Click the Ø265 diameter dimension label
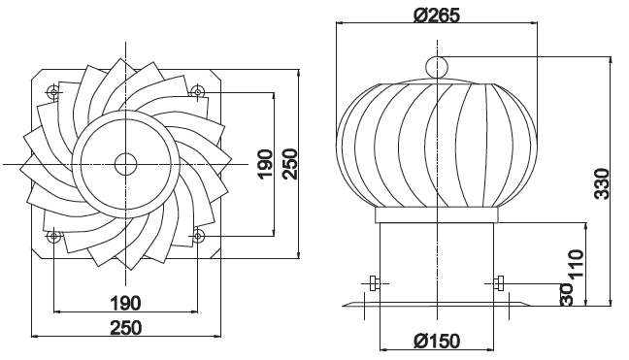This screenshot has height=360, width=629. click(x=437, y=16)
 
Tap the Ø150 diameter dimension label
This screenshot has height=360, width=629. click(x=437, y=342)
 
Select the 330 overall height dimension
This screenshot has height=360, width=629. click(x=602, y=183)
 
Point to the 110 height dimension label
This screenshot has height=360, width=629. click(x=576, y=264)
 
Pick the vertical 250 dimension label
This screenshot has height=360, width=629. click(x=290, y=164)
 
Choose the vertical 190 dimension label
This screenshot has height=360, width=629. click(x=265, y=164)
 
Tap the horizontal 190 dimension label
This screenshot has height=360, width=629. click(x=125, y=304)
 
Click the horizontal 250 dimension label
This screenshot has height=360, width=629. click(x=125, y=328)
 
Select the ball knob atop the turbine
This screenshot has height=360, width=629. click(x=437, y=67)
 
